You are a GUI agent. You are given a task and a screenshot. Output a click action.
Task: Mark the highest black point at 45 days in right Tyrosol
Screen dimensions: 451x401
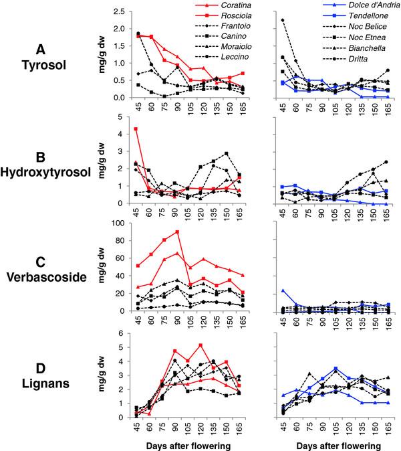tap(283, 20)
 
